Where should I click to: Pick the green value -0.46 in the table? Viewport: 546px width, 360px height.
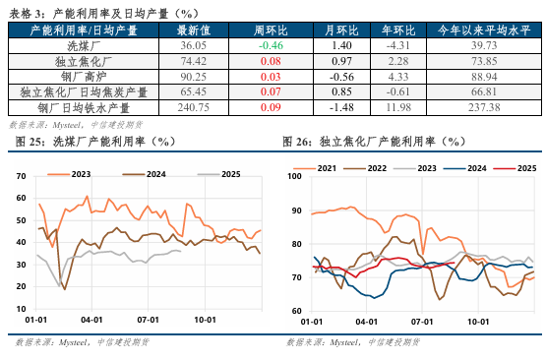tap(271, 46)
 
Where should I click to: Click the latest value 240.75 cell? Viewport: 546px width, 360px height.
tap(193, 107)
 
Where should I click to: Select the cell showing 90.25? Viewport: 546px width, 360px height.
tap(193, 76)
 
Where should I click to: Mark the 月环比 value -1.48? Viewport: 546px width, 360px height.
tap(341, 107)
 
